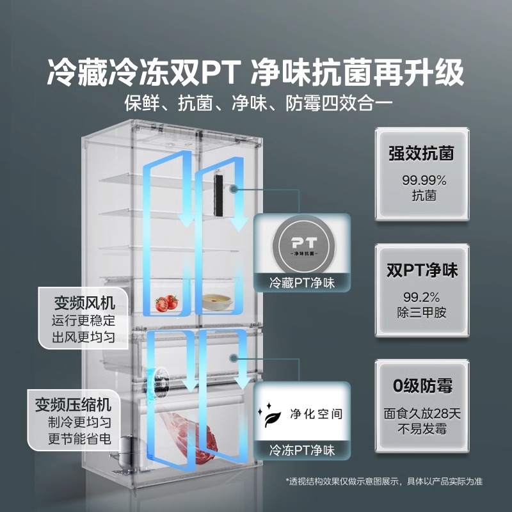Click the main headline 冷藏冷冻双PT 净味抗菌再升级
[255, 73]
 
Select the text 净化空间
[316, 413]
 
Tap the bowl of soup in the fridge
[215, 301]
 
